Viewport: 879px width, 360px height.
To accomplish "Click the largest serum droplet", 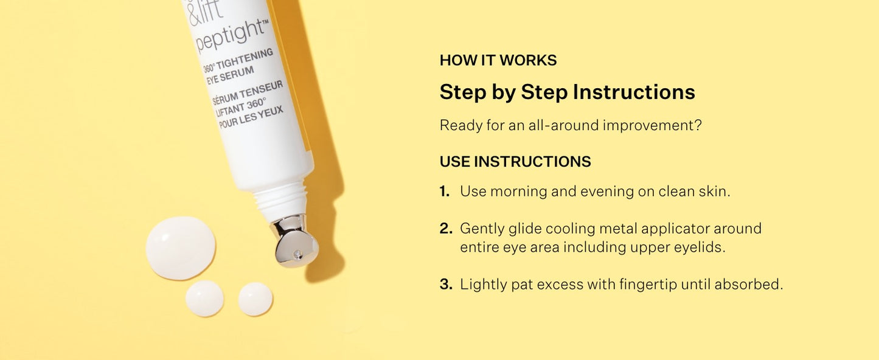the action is [181, 248].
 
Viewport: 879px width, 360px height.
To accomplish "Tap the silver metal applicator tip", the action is [296, 241].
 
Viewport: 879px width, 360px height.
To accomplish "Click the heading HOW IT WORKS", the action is [498, 60].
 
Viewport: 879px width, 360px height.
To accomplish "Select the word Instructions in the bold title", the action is [633, 92].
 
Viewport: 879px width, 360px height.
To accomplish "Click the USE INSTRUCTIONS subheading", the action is [515, 162].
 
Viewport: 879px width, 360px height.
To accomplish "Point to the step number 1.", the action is [445, 192].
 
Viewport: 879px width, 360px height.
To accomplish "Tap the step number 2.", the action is [446, 228].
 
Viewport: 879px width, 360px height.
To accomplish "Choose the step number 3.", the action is [446, 285].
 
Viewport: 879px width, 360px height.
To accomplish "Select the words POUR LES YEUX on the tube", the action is [251, 117].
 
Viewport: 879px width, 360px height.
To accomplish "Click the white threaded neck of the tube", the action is [280, 198].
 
